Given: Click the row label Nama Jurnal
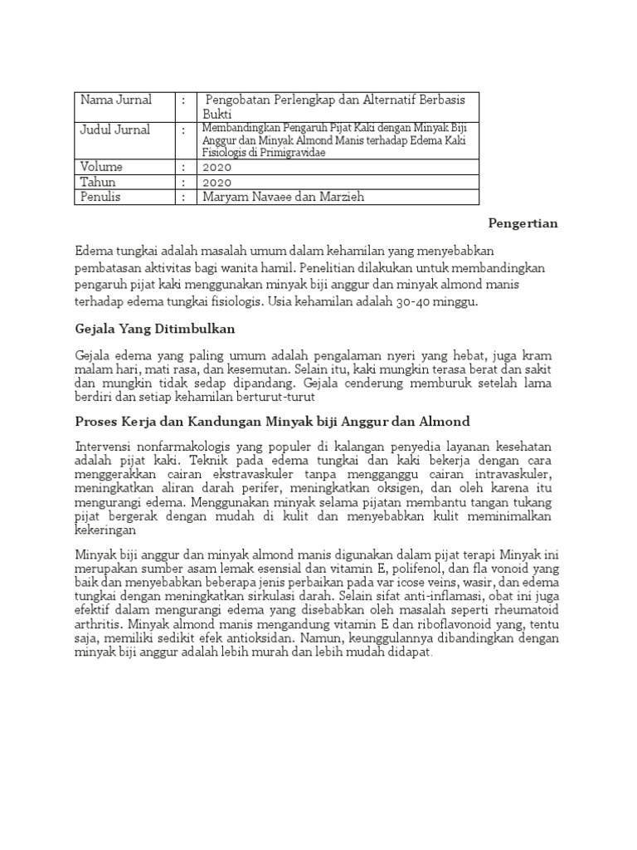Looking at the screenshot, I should click(x=116, y=100).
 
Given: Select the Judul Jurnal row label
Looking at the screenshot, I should click(x=115, y=129).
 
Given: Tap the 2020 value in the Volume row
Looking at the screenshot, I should click(x=216, y=166).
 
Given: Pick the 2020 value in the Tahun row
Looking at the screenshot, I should click(x=216, y=182).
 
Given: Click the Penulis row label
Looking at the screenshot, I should click(x=100, y=198).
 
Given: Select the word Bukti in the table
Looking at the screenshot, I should click(x=218, y=113).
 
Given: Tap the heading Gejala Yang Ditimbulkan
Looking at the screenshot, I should click(x=155, y=330).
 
